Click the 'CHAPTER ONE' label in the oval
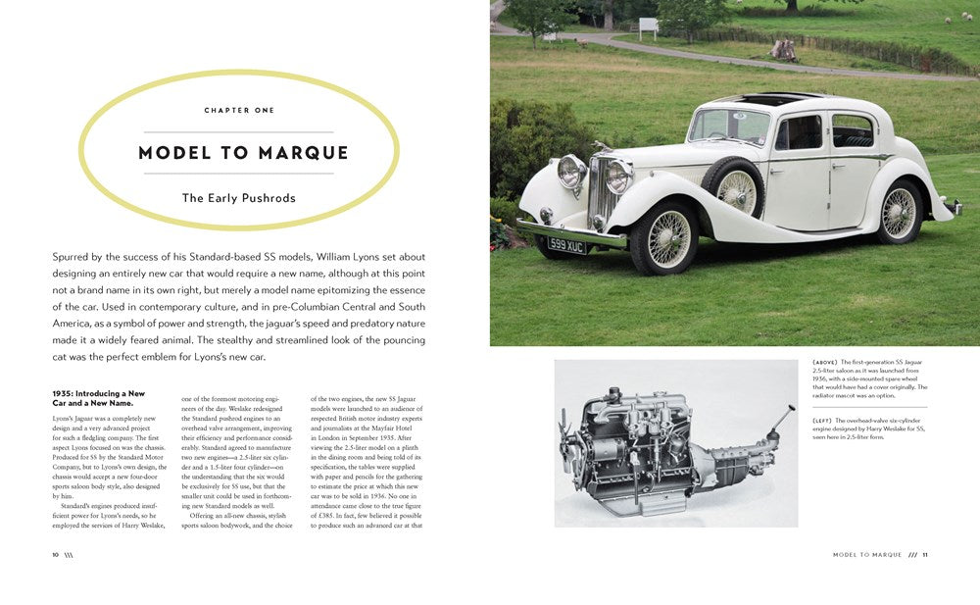click(239, 111)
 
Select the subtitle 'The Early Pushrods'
click(239, 198)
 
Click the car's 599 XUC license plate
click(566, 244)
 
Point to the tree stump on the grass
click(784, 49)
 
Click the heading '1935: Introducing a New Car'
click(98, 393)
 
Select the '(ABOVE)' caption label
click(825, 362)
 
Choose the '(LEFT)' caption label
click(823, 420)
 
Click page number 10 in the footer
click(56, 555)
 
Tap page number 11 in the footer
click(924, 555)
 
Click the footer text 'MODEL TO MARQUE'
click(866, 555)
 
